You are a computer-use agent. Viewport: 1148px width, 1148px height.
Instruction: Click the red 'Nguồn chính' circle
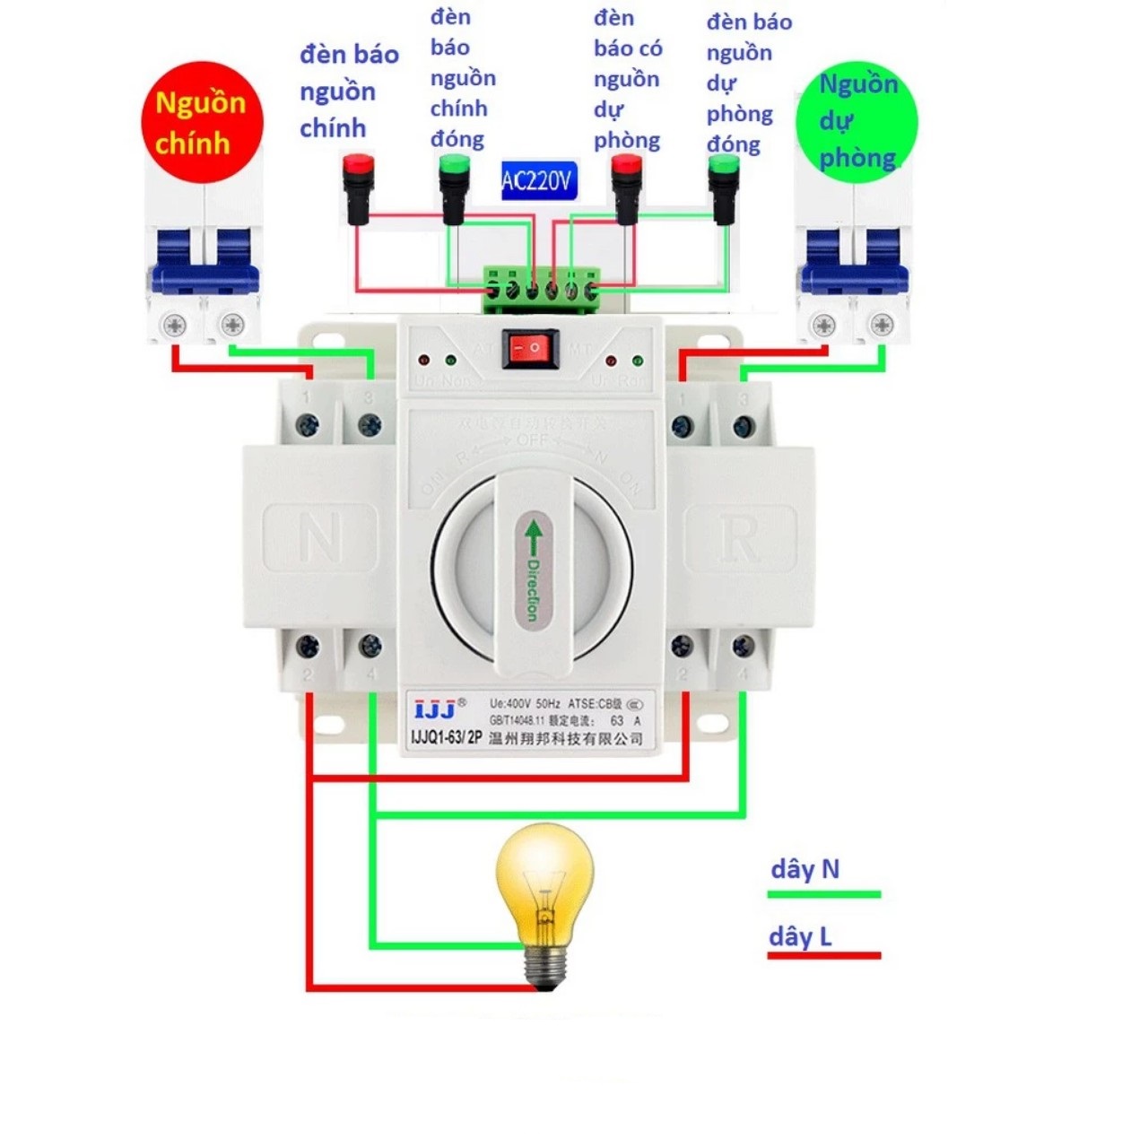203,122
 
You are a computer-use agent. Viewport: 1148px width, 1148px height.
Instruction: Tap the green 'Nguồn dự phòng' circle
857,122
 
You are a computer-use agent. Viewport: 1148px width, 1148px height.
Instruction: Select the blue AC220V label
536,181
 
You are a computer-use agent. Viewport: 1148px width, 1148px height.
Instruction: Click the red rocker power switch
530,348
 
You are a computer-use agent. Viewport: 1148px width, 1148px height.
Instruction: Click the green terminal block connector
541,289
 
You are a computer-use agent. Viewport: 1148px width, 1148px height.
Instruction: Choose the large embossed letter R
740,538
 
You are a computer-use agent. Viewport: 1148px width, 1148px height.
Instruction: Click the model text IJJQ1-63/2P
446,737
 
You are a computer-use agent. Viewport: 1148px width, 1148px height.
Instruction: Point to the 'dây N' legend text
804,868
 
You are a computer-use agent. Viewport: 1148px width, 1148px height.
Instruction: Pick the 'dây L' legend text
800,936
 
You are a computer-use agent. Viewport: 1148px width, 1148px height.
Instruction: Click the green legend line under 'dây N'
823,894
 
